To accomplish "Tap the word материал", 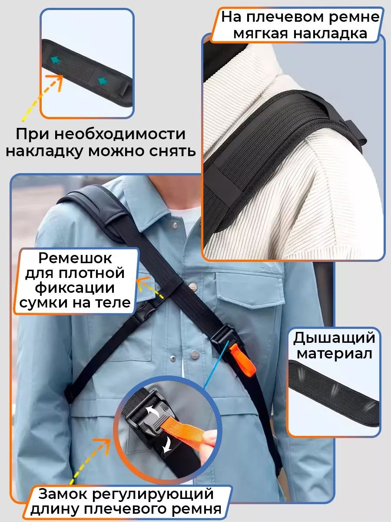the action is click(334, 354).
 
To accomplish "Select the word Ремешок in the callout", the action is click(75, 258).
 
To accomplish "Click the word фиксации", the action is click(75, 288).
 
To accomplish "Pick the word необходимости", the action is click(121, 134).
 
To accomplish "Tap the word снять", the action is click(172, 151).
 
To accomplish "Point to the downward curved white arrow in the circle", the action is click(167, 445).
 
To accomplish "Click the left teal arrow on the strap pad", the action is click(55, 60).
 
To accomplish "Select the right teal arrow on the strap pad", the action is click(103, 81).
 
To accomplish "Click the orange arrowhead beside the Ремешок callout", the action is click(142, 283).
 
